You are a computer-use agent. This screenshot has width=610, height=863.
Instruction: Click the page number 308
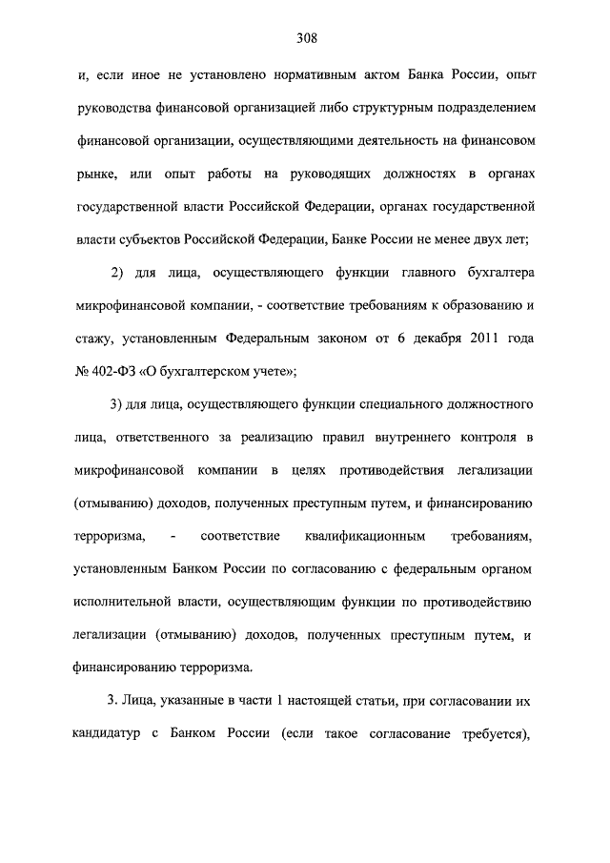[x=305, y=39]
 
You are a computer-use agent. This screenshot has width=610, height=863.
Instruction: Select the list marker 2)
[x=118, y=274]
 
